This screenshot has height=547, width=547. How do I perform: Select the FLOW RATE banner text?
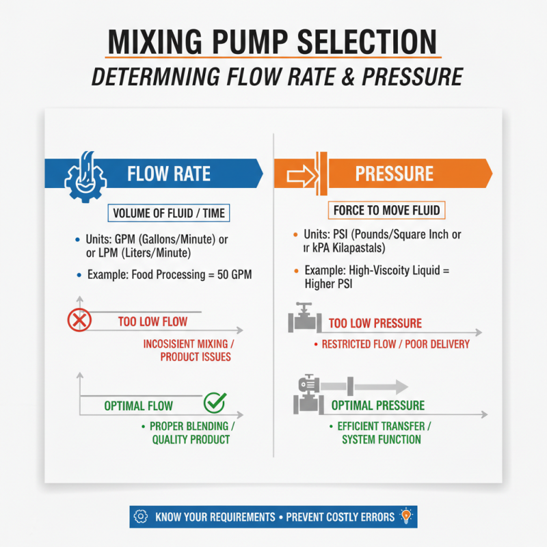pos(168,174)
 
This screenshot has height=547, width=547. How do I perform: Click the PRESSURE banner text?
pos(394,174)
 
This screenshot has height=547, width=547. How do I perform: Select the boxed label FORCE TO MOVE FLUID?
pos(386,209)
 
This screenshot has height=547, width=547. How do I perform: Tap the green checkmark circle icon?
pos(215,403)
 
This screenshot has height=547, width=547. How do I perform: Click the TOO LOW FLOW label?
pos(152,321)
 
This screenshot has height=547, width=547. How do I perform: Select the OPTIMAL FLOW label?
pos(138,405)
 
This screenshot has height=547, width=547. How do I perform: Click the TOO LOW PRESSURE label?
pos(375,323)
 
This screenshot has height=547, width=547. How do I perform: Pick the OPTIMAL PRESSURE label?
pos(377,405)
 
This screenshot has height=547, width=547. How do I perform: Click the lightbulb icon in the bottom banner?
pos(406,516)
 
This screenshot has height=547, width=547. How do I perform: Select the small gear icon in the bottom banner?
pos(142,516)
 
